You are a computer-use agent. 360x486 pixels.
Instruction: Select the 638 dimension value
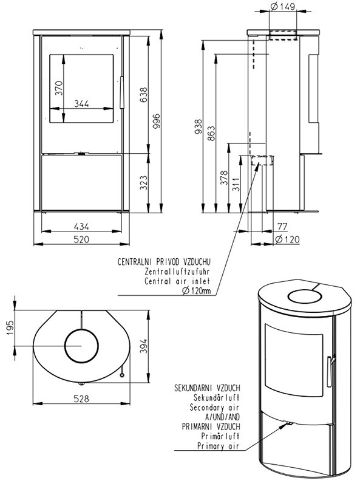(143, 95)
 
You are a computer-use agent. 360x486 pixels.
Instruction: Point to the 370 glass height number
(58, 88)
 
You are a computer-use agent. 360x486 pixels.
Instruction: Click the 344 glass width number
(82, 103)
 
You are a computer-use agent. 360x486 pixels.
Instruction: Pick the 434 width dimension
(81, 227)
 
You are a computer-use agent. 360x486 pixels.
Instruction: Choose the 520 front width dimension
(81, 239)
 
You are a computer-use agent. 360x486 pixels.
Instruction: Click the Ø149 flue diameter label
(283, 6)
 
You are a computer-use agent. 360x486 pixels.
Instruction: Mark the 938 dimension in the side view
(199, 127)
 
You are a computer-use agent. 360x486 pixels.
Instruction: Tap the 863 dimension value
(211, 133)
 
